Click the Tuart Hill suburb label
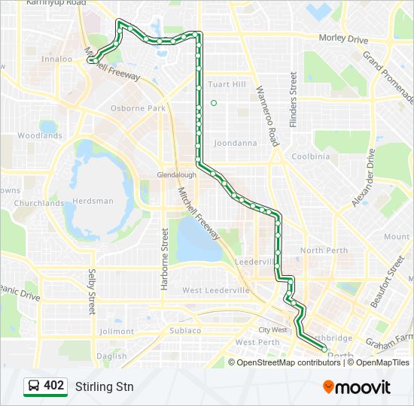227,84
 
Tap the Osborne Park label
138,108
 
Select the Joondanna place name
236,143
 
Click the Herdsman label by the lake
93,201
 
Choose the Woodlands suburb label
40,136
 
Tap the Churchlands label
39,203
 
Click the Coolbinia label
310,156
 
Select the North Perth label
324,250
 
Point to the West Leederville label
216,290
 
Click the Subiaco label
184,330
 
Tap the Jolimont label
116,331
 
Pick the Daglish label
111,356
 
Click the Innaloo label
56,59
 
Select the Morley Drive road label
343,39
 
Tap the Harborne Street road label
165,253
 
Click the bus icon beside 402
34,386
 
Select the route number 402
54,386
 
